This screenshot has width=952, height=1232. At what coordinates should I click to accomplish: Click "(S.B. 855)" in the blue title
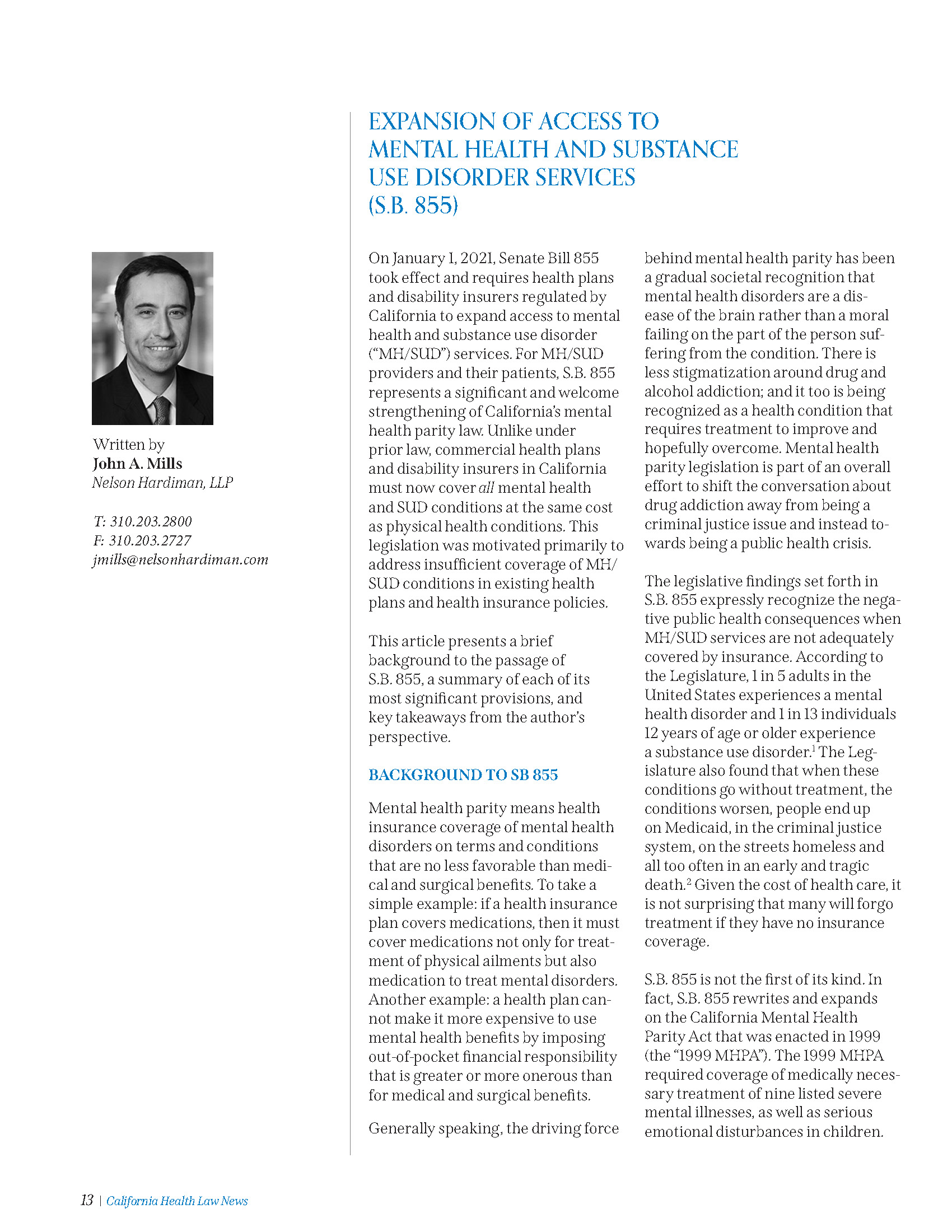pyautogui.click(x=413, y=206)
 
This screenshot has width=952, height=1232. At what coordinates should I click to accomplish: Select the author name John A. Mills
pyautogui.click(x=138, y=464)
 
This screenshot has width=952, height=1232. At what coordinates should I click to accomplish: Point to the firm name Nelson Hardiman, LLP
pyautogui.click(x=162, y=483)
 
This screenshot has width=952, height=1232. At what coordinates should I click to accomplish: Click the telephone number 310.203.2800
pyautogui.click(x=151, y=521)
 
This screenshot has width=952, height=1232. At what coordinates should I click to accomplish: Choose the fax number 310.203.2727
pyautogui.click(x=150, y=540)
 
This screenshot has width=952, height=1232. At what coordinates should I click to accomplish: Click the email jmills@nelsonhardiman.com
pyautogui.click(x=180, y=559)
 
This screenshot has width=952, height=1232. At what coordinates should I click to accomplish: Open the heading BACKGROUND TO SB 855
pyautogui.click(x=463, y=774)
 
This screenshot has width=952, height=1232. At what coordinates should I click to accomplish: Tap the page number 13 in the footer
pyautogui.click(x=87, y=1201)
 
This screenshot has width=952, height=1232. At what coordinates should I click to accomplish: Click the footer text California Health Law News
pyautogui.click(x=177, y=1201)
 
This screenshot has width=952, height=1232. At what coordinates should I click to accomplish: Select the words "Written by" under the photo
pyautogui.click(x=129, y=445)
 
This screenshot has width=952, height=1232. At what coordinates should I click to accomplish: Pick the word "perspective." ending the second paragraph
pyautogui.click(x=409, y=737)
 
